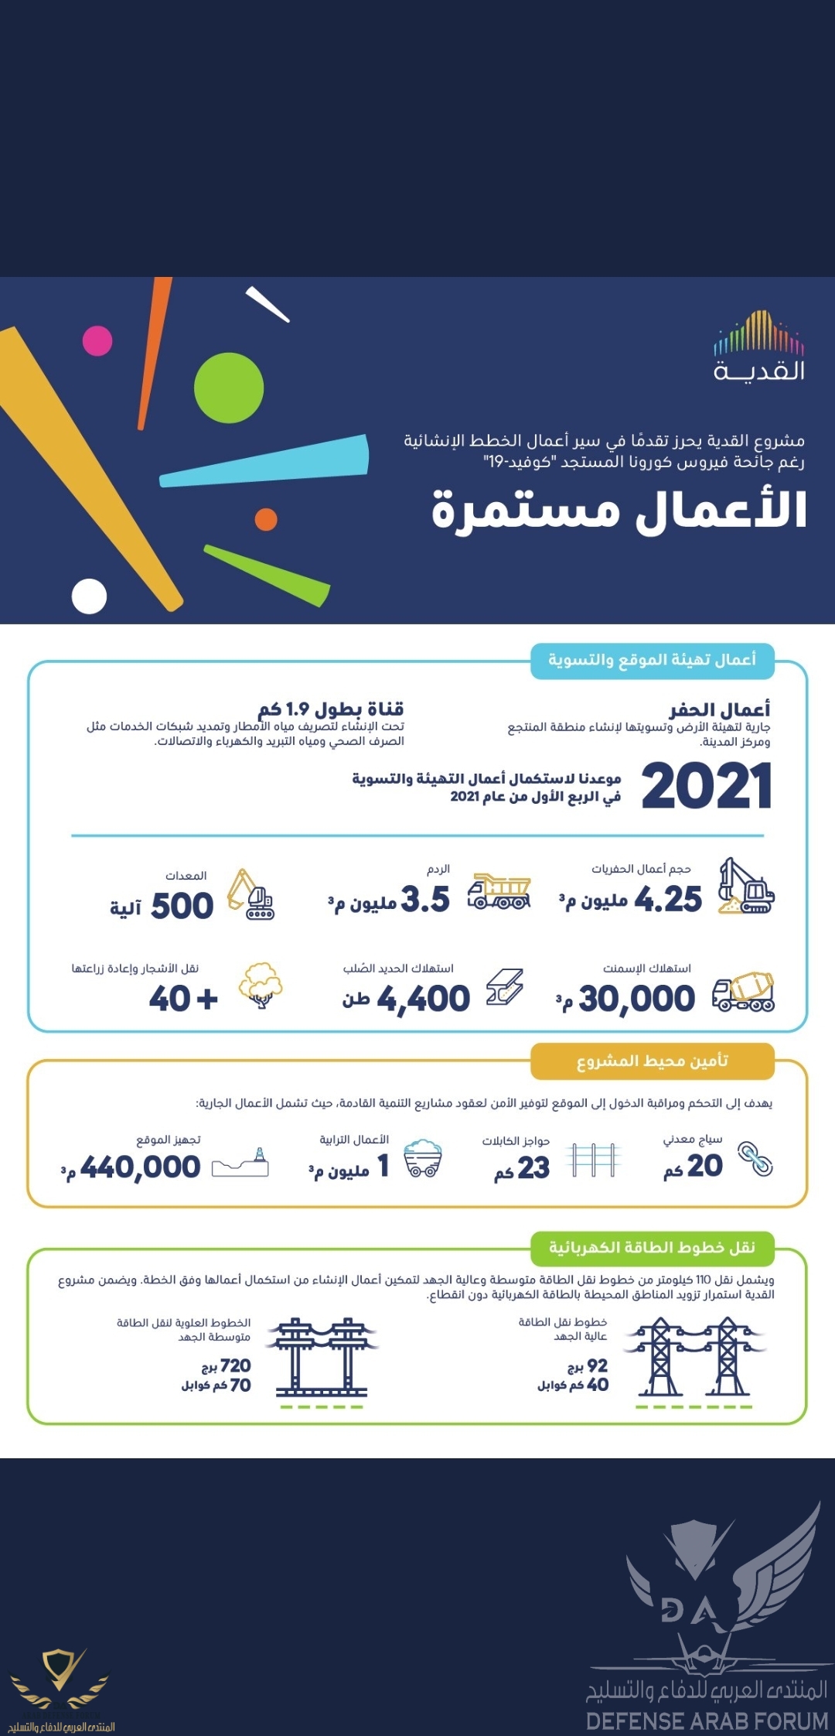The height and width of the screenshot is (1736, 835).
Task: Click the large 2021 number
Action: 706,786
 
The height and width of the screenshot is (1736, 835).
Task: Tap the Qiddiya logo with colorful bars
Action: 758,345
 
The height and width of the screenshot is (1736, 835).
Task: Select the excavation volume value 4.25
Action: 668,900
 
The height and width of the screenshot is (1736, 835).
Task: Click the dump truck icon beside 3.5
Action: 499,892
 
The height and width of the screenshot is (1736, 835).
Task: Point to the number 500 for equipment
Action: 182,906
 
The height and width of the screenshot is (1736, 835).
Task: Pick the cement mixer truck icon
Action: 743,992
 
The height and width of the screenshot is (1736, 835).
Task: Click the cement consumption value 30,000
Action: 636,999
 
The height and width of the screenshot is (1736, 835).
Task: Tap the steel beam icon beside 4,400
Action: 505,988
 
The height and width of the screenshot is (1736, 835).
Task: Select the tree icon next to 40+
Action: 261,984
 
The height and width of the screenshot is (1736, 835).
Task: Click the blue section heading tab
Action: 652,661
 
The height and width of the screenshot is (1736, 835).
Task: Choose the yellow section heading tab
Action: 652,1061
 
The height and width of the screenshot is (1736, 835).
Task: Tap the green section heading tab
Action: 652,1247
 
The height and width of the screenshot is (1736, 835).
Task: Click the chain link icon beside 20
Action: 755,1159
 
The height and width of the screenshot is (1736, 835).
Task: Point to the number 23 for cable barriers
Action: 533,1167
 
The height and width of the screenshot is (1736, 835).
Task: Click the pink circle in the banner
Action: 97,340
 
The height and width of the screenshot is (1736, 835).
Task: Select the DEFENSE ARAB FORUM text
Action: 707,1721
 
